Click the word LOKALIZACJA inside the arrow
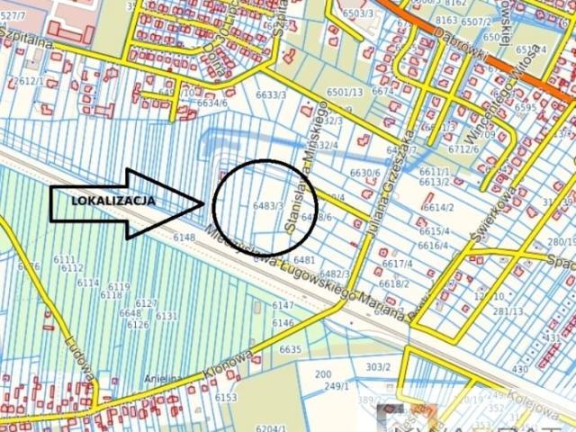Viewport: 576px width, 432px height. [113, 201]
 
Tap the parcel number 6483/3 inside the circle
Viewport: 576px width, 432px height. [269, 206]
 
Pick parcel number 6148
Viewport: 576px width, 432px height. [184, 238]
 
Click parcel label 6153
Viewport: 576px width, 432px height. [225, 397]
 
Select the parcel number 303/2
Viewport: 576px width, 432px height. [378, 366]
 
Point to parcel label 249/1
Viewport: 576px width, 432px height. [336, 387]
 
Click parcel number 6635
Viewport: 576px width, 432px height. [290, 348]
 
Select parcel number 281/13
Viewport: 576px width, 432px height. [508, 311]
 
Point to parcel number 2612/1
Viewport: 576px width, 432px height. [29, 81]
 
